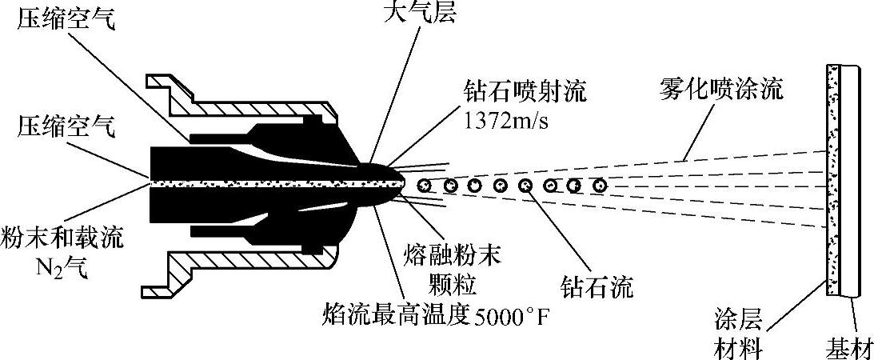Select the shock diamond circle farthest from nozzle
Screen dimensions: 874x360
point(598,186)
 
